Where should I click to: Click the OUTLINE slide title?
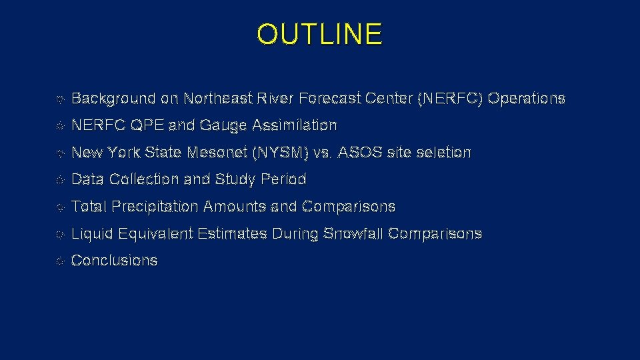pyautogui.click(x=319, y=35)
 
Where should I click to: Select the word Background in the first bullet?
pyautogui.click(x=113, y=99)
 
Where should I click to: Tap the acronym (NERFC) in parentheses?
pyautogui.click(x=450, y=99)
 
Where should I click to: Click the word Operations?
pyautogui.click(x=527, y=99)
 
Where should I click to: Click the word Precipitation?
pyautogui.click(x=155, y=207)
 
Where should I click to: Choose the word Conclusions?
pyautogui.click(x=114, y=261)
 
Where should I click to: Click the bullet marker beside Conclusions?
pyautogui.click(x=60, y=261)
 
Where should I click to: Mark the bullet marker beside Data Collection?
pyautogui.click(x=60, y=180)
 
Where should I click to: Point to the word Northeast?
pyautogui.click(x=218, y=99)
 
